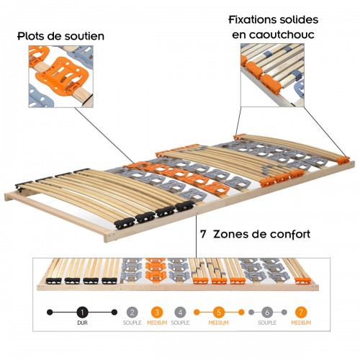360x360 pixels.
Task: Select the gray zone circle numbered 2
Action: coord(132,313)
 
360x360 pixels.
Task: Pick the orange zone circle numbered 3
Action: coord(156,313)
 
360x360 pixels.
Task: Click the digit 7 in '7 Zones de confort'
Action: coord(205,234)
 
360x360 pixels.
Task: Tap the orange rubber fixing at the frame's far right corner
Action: coord(343,159)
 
